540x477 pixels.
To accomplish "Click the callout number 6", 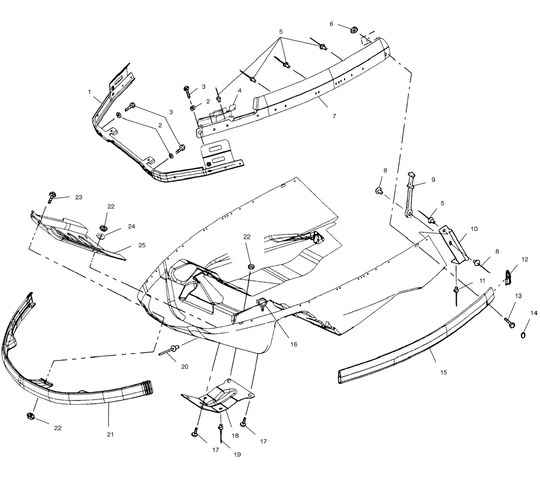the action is [331, 24].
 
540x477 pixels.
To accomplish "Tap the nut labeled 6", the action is [354, 30].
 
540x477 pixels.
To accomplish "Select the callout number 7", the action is [334, 116].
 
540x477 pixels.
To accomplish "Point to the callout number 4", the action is [240, 91].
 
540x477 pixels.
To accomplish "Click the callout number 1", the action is [90, 92].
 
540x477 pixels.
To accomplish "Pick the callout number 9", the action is [433, 180].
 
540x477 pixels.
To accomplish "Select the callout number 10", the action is [474, 229].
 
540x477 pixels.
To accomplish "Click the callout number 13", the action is [518, 296].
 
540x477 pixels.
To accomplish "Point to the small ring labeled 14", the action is [523, 335].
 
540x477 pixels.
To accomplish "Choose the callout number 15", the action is [444, 372].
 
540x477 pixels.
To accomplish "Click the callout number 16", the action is [294, 344].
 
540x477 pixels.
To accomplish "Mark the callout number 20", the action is [185, 367].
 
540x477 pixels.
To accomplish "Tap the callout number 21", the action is [110, 434].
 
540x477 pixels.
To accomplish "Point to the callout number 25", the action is [142, 245].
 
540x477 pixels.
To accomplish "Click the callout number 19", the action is [237, 455].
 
